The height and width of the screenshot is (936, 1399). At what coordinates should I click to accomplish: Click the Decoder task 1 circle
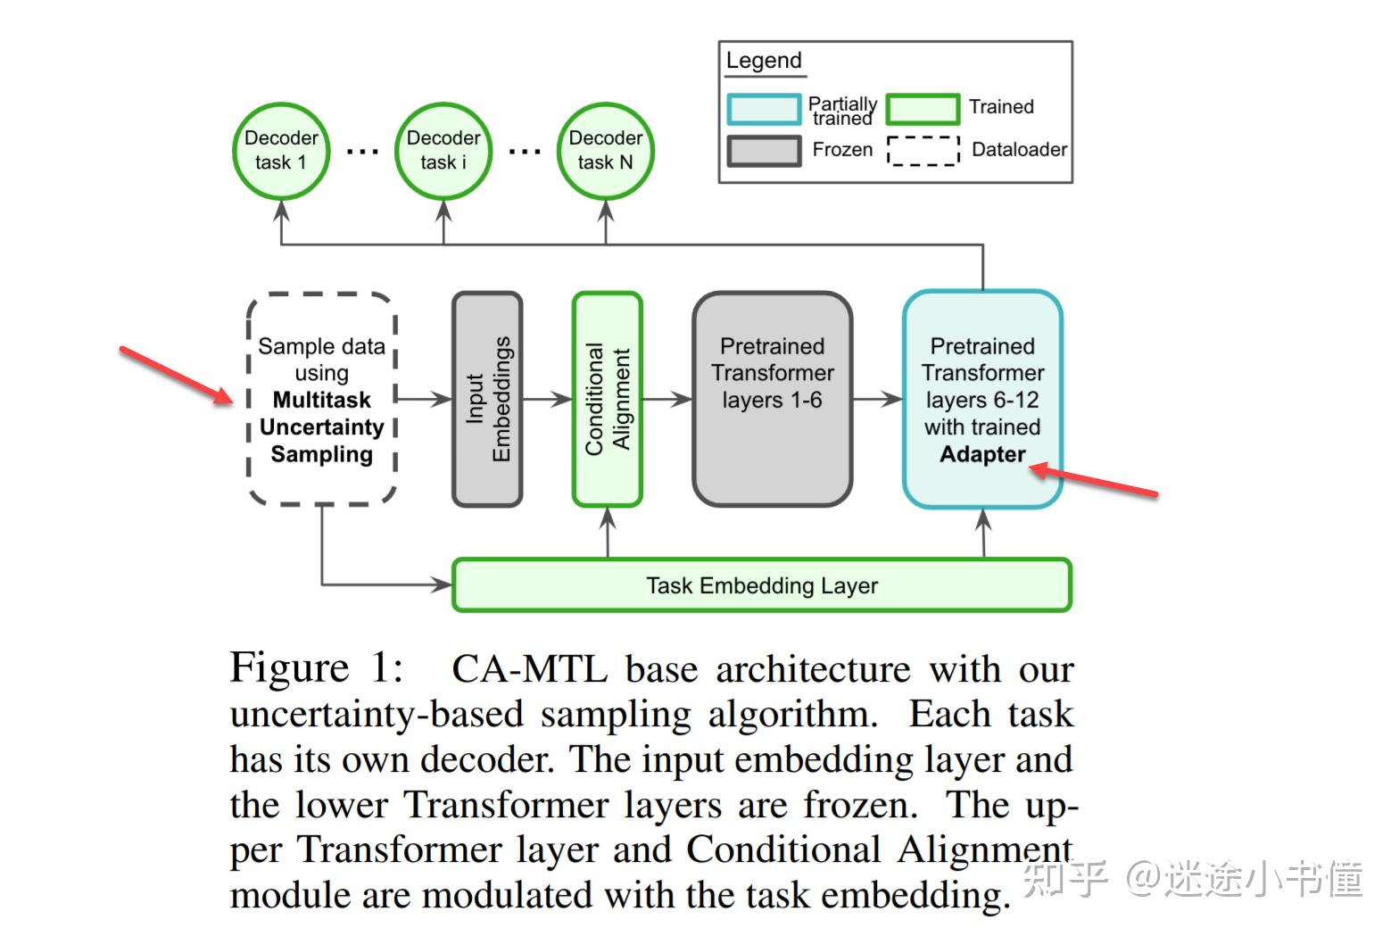point(281,151)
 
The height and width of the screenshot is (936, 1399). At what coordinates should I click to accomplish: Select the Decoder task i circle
point(443,151)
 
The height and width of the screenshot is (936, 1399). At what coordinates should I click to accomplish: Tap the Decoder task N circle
point(605,151)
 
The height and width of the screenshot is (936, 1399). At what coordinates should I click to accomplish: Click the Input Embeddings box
point(487,399)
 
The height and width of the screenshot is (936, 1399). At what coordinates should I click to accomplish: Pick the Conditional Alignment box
point(607,399)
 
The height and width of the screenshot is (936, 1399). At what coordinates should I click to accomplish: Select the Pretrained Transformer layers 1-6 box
point(773,399)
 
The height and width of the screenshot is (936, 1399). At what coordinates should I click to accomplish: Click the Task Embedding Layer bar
point(762,585)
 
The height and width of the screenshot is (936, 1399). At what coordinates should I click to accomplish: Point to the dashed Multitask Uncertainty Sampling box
point(322,399)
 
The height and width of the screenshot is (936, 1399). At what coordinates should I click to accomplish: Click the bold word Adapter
point(982,454)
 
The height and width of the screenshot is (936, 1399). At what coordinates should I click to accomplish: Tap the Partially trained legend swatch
point(764,109)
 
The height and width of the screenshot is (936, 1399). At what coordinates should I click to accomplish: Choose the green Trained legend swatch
point(923,109)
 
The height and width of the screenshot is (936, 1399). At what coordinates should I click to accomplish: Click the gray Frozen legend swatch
point(764,151)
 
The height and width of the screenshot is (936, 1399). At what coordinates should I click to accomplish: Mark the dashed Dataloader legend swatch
point(923,151)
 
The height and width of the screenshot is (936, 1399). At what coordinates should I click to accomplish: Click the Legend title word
point(763,60)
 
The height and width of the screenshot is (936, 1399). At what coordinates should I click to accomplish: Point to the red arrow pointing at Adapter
point(1094,481)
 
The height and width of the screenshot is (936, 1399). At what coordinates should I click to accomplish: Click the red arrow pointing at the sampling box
point(176,376)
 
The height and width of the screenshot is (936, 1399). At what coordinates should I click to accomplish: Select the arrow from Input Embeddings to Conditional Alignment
point(547,398)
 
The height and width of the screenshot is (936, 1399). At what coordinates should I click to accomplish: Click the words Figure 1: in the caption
point(317,667)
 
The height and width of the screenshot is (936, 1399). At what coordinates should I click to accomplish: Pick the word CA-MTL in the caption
point(530,668)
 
